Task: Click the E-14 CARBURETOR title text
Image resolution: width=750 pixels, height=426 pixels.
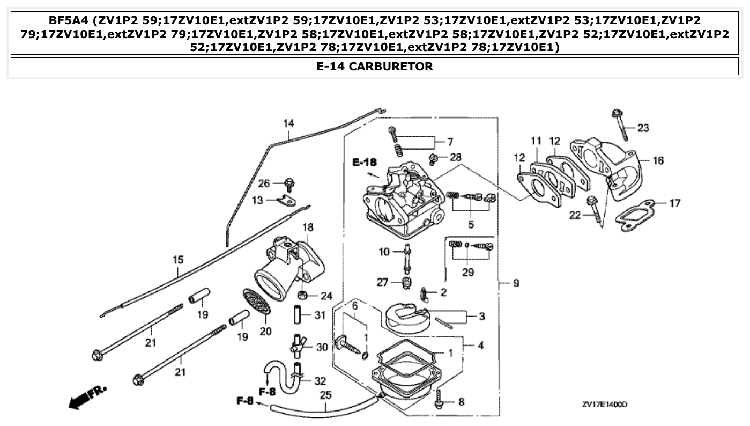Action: [375, 67]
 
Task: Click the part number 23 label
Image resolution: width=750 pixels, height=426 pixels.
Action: [643, 128]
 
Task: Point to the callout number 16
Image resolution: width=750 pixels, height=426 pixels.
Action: [658, 160]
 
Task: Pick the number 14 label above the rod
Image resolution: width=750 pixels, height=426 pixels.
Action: [288, 123]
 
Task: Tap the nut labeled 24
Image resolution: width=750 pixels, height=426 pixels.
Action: [302, 295]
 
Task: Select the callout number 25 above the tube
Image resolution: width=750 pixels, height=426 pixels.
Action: [325, 395]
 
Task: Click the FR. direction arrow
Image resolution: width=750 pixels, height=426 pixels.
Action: [86, 397]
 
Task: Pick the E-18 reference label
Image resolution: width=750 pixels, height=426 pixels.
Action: [365, 162]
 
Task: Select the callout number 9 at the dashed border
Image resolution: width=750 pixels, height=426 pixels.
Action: [515, 282]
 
